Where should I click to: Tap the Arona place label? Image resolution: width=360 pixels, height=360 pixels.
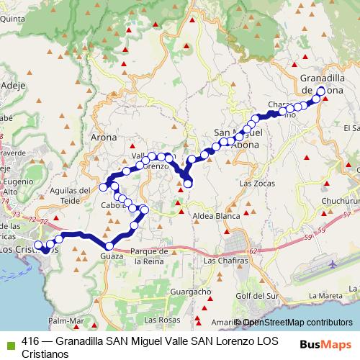104,136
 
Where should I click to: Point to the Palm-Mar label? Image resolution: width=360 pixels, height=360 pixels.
66,320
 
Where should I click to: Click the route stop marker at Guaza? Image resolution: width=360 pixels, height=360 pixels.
109,246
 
